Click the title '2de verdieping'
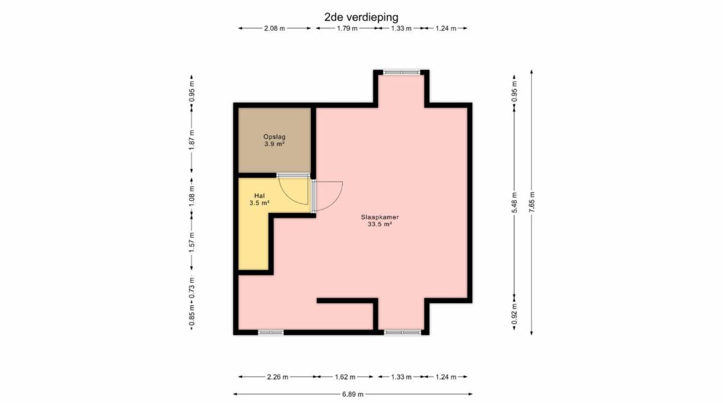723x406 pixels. click(x=361, y=17)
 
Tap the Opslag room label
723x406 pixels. click(x=274, y=137)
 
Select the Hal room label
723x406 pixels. click(x=260, y=195)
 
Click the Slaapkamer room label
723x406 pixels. click(x=380, y=217)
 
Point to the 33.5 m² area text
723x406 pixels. click(x=380, y=224)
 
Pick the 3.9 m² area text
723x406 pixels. click(x=274, y=144)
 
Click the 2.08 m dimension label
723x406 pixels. click(x=275, y=28)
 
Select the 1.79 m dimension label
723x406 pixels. click(x=347, y=28)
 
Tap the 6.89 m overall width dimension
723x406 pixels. click(x=353, y=394)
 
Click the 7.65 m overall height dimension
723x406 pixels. click(x=532, y=201)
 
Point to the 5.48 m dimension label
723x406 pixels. click(x=515, y=202)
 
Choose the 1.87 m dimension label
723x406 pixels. click(x=192, y=140)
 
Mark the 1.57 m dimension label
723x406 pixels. click(x=192, y=242)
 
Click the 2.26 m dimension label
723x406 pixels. click(x=278, y=377)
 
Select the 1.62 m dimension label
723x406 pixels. click(x=345, y=377)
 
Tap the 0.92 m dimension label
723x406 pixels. click(x=515, y=314)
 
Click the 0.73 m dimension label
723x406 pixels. click(x=192, y=288)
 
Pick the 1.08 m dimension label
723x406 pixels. click(x=192, y=196)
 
